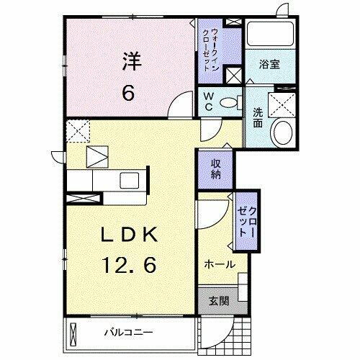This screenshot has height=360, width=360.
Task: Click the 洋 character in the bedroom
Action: (x=130, y=61)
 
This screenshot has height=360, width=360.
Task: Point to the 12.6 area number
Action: (x=130, y=265)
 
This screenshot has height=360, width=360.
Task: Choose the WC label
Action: (x=208, y=100)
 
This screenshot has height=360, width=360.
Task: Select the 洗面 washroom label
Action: (x=258, y=117)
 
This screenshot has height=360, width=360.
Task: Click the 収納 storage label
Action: (x=215, y=169)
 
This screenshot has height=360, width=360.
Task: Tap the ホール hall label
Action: (x=220, y=264)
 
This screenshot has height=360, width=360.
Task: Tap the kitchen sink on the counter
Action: (x=129, y=180)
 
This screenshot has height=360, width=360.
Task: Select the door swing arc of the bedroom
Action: (x=177, y=110)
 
